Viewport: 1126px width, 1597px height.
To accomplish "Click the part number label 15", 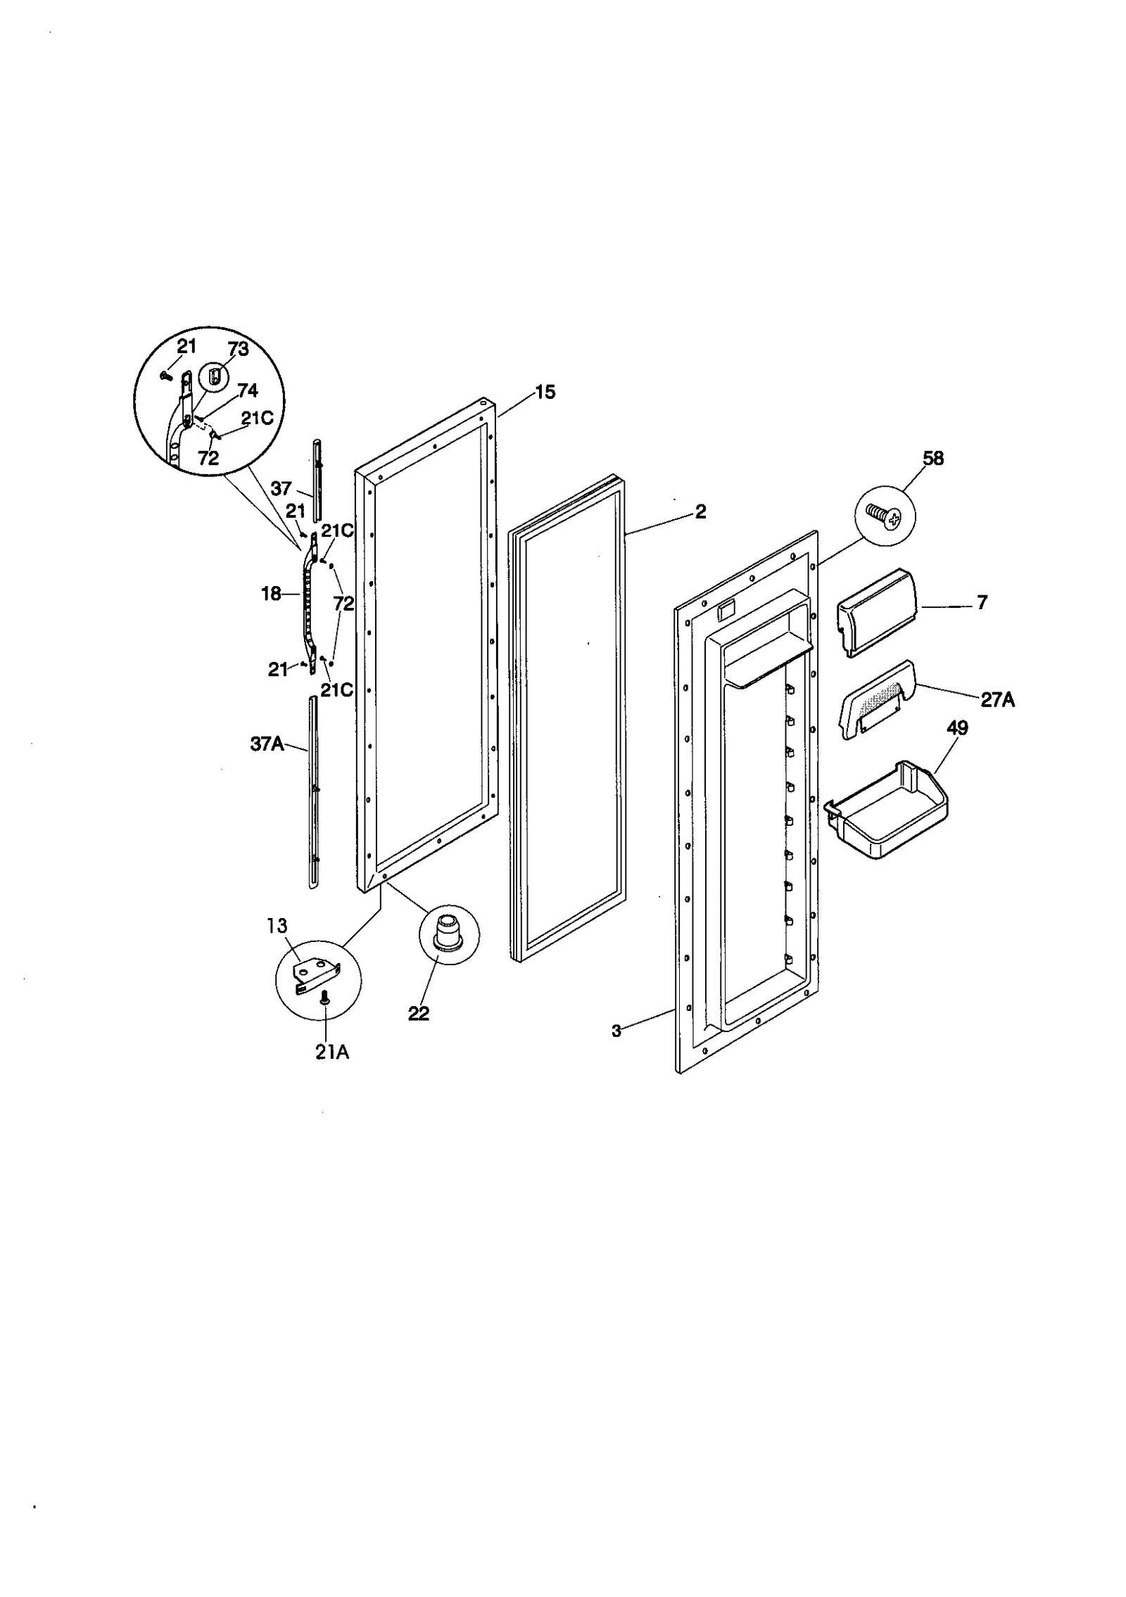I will (545, 393).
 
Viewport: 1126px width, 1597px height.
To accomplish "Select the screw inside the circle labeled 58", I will (885, 518).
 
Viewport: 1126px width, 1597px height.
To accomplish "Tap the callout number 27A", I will (997, 700).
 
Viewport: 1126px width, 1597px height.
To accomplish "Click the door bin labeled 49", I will (888, 811).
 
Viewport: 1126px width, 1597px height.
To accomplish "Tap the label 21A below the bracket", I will (332, 1052).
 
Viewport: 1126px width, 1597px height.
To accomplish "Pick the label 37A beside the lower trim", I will (267, 744).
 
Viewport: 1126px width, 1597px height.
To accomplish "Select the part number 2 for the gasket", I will (700, 511).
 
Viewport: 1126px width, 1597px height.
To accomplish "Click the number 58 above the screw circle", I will (933, 459).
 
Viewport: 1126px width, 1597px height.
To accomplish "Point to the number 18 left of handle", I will (271, 594).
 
